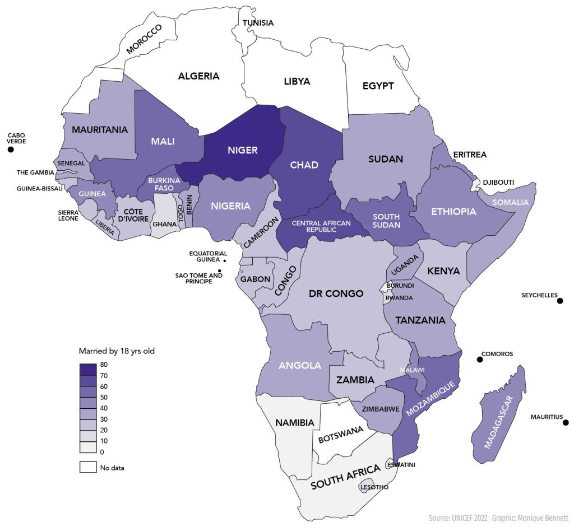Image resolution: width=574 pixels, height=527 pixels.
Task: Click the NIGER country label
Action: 242,150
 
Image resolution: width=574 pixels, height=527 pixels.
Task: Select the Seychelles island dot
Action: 559,301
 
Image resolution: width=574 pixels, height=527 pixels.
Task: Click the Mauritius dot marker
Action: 566,423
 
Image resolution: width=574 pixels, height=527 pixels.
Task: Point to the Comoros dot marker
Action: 480,360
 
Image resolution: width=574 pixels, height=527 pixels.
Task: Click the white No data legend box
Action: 87,467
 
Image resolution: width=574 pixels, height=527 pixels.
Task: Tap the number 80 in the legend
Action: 104,365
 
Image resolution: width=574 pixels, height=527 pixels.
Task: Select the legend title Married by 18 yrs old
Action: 116,351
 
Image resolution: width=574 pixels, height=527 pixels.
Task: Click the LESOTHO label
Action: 374,487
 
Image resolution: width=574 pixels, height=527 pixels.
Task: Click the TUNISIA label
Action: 258,23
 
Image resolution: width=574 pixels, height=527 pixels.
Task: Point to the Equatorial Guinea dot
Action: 225,261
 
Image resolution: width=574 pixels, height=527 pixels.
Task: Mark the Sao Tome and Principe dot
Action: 220,271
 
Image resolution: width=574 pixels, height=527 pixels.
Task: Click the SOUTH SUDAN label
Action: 386,221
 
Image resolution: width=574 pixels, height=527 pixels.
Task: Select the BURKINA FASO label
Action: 163,184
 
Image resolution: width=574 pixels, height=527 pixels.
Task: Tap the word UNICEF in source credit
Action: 464,519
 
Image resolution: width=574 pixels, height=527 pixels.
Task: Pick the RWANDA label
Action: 399,298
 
